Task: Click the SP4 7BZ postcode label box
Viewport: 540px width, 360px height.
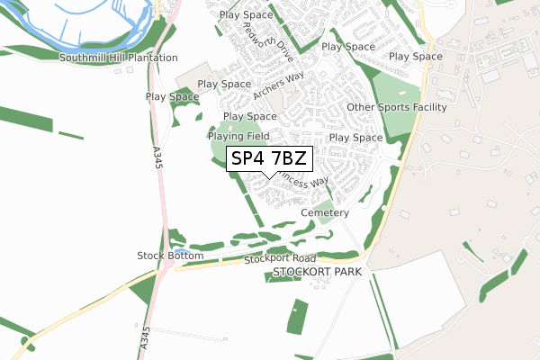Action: coord(269,158)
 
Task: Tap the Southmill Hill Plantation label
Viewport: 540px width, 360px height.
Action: coord(119,58)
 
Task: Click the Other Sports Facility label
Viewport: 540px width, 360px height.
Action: coord(397,107)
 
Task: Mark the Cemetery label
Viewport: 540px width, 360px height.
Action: coord(325,212)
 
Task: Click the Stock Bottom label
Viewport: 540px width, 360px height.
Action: coord(170,256)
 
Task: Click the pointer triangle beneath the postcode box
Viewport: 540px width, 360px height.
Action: coord(269,174)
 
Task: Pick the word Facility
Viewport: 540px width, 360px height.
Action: coord(427,107)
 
